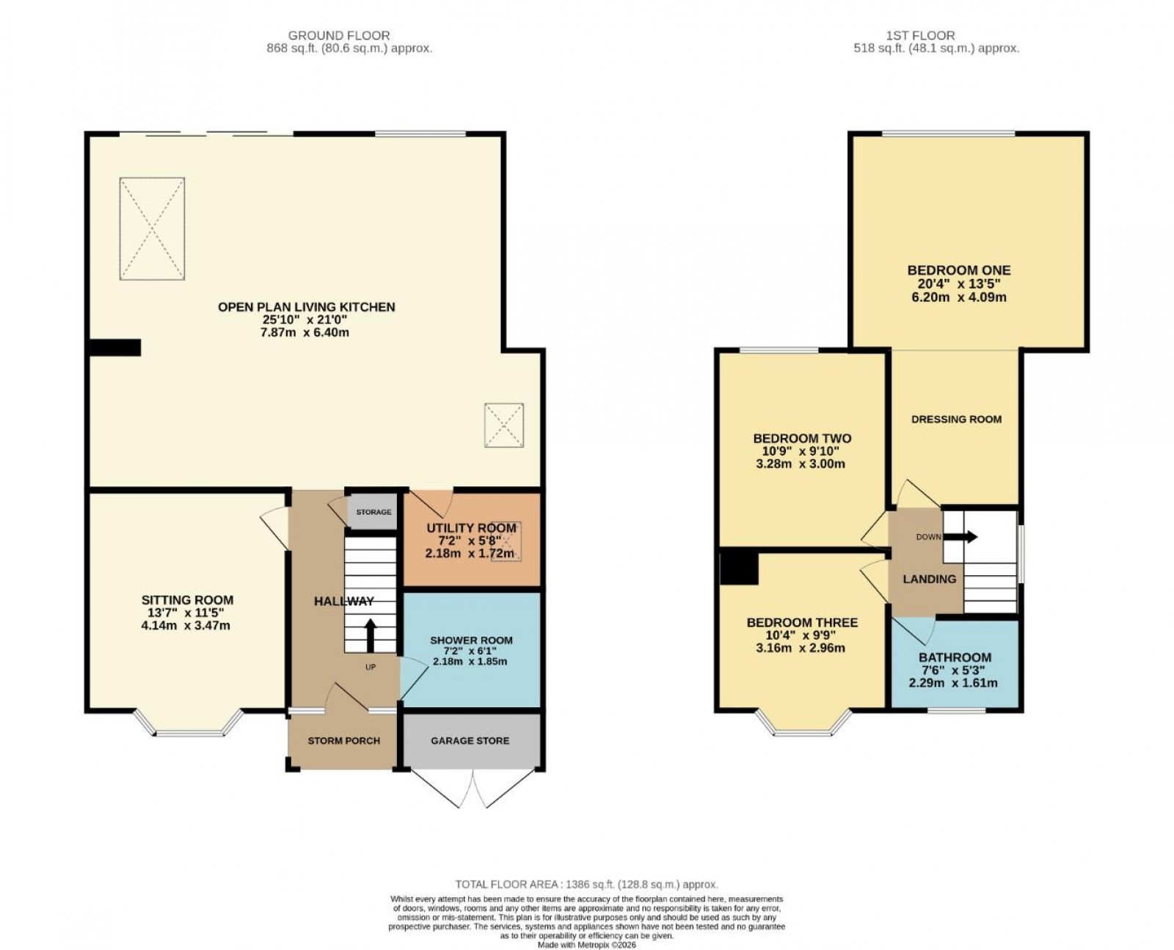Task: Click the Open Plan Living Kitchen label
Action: pos(306,307)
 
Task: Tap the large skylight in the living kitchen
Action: pos(152,228)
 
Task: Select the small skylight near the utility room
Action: pos(504,425)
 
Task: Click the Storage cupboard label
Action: pos(373,511)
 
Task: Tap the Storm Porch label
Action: pos(343,740)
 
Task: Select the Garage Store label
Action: pos(470,740)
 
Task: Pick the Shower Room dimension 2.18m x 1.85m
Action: pos(470,661)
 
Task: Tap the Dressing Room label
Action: pos(955,419)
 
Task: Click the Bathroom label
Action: pos(954,657)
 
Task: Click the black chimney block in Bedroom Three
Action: pos(738,567)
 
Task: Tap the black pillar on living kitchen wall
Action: pos(114,347)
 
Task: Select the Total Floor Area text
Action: pos(586,884)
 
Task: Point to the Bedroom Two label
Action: pos(801,438)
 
